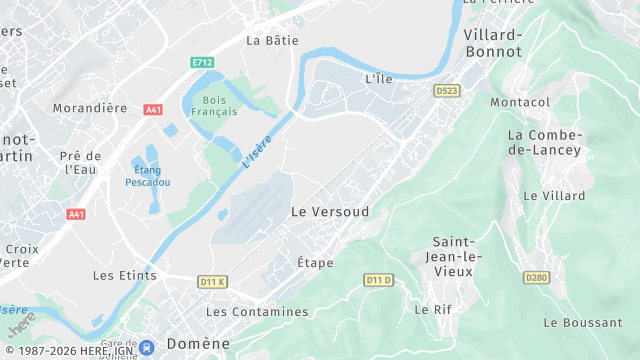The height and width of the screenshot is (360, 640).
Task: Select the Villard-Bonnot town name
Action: point(493,43)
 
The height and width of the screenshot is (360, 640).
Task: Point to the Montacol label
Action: point(520,102)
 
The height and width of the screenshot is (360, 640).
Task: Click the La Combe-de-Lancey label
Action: point(544,142)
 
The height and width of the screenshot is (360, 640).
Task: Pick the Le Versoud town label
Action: point(329,212)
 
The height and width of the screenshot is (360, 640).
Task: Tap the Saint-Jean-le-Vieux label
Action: point(458,256)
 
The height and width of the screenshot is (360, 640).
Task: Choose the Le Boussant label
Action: point(582,322)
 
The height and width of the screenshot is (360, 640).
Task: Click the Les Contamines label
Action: point(257,312)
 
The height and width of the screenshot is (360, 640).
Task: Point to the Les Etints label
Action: point(124,275)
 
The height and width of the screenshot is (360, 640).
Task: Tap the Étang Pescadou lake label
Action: point(148,176)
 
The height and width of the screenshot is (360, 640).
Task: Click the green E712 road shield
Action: point(203,62)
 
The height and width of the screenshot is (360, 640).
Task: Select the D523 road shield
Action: point(446,90)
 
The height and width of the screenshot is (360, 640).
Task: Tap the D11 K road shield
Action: point(212,282)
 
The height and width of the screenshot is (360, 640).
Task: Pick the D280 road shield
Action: point(537,277)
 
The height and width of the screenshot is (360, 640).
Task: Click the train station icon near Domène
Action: point(147,347)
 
